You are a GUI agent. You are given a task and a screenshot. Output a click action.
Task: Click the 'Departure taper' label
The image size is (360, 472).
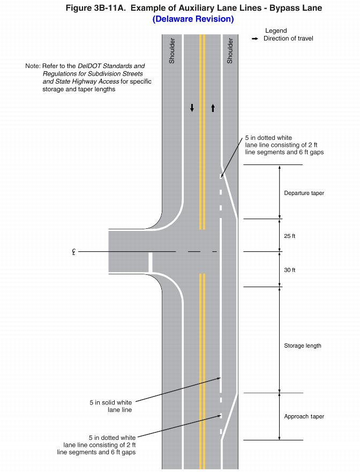[x=304, y=193]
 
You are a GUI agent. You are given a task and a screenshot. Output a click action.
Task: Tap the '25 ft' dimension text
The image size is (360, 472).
[x=289, y=236]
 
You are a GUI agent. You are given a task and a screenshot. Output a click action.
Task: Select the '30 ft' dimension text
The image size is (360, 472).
[x=289, y=270]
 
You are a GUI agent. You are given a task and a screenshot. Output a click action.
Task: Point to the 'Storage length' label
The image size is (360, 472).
[x=302, y=346]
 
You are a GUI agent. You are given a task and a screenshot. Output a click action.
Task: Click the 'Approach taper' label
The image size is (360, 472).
[x=304, y=416]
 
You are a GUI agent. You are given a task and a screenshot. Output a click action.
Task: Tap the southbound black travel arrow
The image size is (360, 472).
[x=192, y=108]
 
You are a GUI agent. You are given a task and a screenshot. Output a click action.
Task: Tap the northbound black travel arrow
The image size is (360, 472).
[x=213, y=108]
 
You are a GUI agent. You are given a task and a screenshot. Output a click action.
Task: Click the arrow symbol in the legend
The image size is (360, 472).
[x=255, y=39]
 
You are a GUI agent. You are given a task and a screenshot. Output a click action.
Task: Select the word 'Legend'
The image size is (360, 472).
[x=276, y=31]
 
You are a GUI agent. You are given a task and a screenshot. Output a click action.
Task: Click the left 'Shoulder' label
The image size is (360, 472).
[x=172, y=51]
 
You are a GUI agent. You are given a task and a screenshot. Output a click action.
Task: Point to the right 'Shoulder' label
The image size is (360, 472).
[x=230, y=51]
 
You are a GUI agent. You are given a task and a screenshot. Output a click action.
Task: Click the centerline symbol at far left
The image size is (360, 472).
[x=73, y=251]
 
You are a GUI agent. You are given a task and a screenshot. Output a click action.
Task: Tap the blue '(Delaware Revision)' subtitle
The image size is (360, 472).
[x=193, y=19]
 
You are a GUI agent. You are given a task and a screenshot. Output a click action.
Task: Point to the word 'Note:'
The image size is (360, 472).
[x=33, y=66]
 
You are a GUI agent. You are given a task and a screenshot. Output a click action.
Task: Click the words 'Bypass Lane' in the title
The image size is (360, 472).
[x=299, y=8]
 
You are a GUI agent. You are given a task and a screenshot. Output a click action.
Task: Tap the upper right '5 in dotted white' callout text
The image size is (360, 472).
[x=284, y=145]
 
